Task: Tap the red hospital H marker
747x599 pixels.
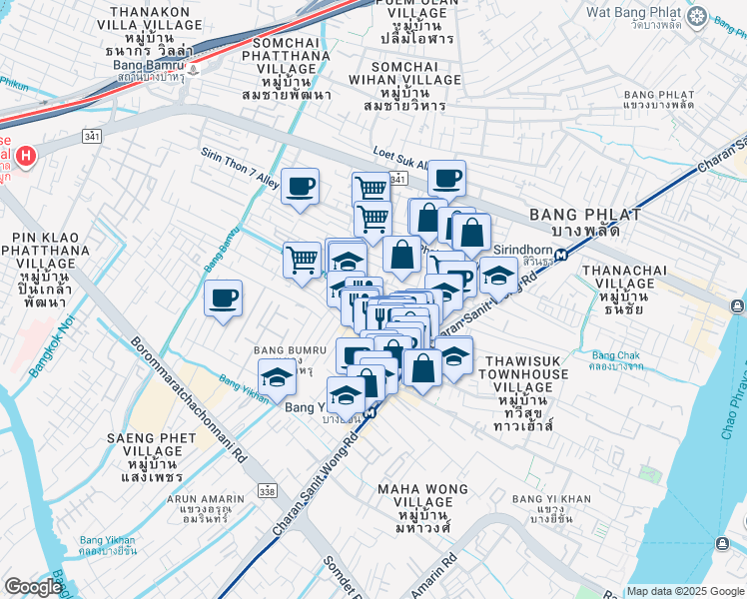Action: click(26, 156)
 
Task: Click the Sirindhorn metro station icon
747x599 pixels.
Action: click(563, 255)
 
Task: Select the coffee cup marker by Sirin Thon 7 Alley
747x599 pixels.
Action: click(300, 186)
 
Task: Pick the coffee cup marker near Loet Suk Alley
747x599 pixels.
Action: click(447, 178)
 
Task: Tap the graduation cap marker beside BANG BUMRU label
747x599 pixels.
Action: click(277, 377)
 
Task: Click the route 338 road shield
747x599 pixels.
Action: click(266, 491)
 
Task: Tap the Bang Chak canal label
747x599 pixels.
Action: click(618, 360)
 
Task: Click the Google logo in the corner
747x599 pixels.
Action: click(32, 587)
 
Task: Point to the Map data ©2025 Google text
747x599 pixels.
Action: click(683, 591)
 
